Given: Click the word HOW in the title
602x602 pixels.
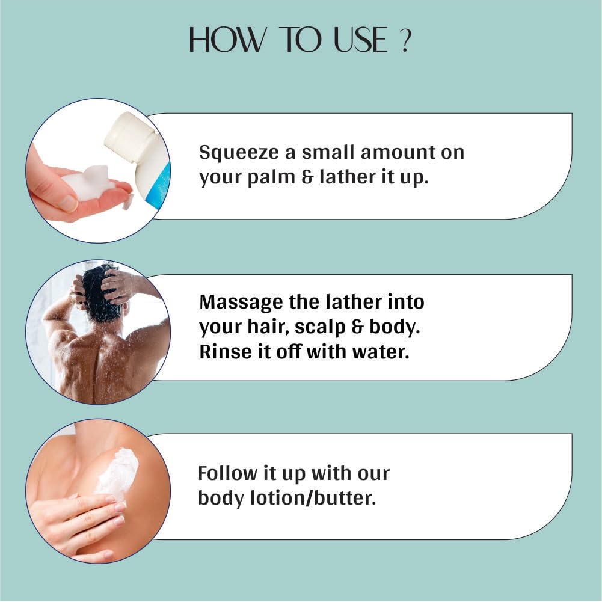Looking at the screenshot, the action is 227,40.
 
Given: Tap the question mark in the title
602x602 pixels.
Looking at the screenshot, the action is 405,40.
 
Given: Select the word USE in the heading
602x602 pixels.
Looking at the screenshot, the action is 360,40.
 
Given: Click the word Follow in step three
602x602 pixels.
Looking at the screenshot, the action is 228,473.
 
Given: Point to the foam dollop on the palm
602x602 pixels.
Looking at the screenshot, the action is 90,182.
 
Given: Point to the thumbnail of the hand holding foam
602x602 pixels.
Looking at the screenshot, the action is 69,203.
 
